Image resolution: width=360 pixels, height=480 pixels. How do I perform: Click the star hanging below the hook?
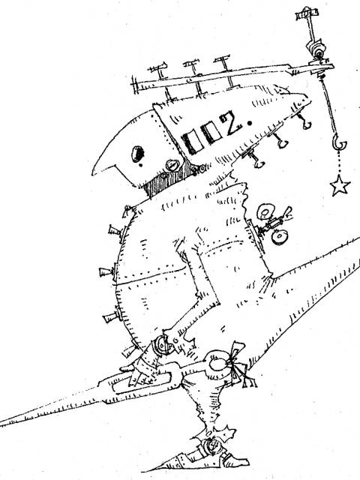340,185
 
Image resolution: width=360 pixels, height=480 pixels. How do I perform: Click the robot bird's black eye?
137,153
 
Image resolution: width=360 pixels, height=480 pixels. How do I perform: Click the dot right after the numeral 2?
250,123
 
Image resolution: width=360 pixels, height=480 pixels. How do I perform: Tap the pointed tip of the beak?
93,175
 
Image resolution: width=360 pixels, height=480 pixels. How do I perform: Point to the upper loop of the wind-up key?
265,211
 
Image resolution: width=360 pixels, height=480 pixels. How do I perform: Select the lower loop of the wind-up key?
279,237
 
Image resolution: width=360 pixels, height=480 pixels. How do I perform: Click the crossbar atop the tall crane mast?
307,13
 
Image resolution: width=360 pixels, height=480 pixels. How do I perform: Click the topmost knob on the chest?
115,231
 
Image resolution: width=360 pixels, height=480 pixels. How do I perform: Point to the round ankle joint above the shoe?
211,445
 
